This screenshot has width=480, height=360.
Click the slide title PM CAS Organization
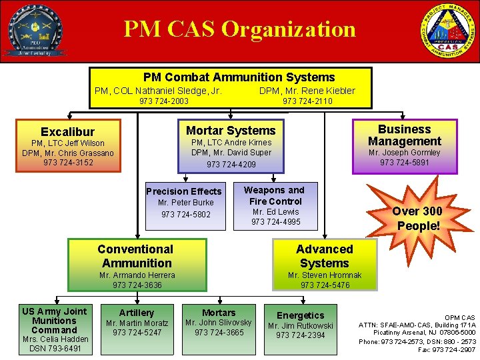click(x=239, y=29)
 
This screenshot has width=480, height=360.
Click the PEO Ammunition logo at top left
click(x=35, y=31)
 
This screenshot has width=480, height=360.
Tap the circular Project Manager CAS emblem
click(x=448, y=31)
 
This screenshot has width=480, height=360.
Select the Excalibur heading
click(x=67, y=132)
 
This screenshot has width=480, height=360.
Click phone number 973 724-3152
click(x=69, y=163)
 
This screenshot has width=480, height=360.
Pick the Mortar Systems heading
click(x=231, y=131)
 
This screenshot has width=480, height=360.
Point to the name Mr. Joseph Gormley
click(x=405, y=153)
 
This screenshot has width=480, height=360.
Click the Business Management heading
click(x=405, y=135)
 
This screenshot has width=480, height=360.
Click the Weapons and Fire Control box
click(x=275, y=205)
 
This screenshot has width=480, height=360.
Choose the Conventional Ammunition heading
click(x=136, y=256)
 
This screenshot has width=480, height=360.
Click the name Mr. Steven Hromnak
click(x=325, y=275)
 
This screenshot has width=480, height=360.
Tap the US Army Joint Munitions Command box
click(x=55, y=329)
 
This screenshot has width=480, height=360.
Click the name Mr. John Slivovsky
click(x=219, y=323)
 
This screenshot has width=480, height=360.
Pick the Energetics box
click(x=301, y=326)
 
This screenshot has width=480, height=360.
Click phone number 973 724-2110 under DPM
click(x=307, y=101)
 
